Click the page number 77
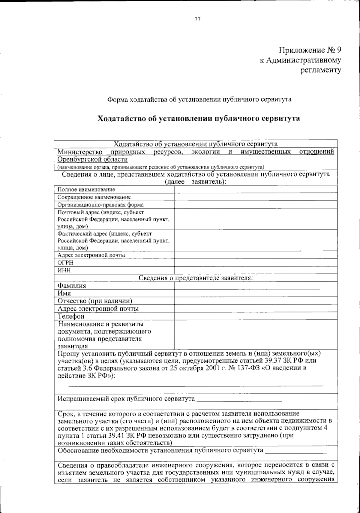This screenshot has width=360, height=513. [197, 19]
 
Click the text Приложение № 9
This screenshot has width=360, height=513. [310, 50]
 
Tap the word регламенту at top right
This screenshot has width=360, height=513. [321, 70]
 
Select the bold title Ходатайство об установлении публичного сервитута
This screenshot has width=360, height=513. [199, 118]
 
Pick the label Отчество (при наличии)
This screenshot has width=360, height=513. [95, 301]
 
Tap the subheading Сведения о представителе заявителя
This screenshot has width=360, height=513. [196, 278]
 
